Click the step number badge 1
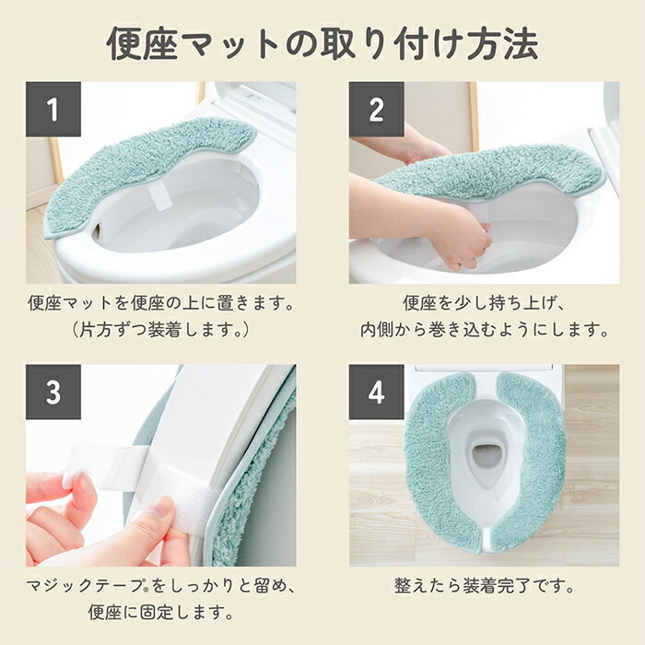53,109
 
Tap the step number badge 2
376,109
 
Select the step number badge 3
53,392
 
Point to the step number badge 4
376,392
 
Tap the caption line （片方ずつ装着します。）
161,330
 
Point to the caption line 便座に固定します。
161,613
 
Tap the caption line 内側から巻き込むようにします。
484,330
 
